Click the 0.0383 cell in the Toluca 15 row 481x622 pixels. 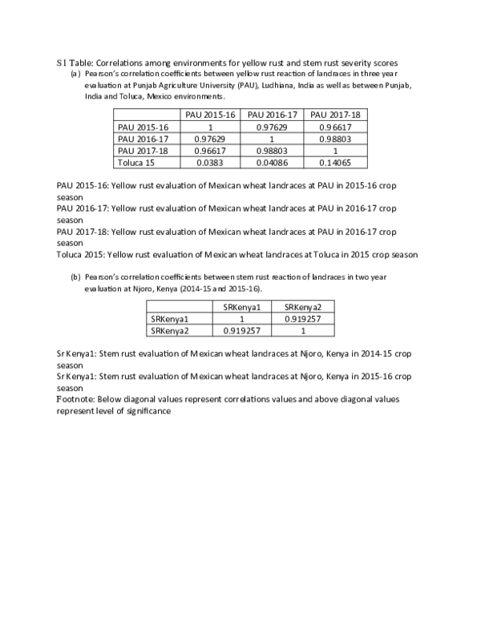coord(210,162)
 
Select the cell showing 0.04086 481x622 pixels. coord(273,162)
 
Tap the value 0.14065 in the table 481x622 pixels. coord(335,162)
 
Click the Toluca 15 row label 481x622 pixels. coord(136,162)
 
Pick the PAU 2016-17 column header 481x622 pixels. coord(273,115)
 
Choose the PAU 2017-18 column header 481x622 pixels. coord(335,115)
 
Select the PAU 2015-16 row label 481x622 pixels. coord(143,127)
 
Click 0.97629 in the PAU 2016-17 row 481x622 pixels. coord(210,139)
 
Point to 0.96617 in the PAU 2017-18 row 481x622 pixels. coord(210,151)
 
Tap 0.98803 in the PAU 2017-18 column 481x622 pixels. coord(335,139)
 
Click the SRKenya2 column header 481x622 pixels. coord(304,307)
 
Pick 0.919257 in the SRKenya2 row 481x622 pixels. coord(242,330)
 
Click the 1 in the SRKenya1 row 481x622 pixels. coord(242,319)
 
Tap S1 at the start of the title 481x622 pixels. coord(62,62)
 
